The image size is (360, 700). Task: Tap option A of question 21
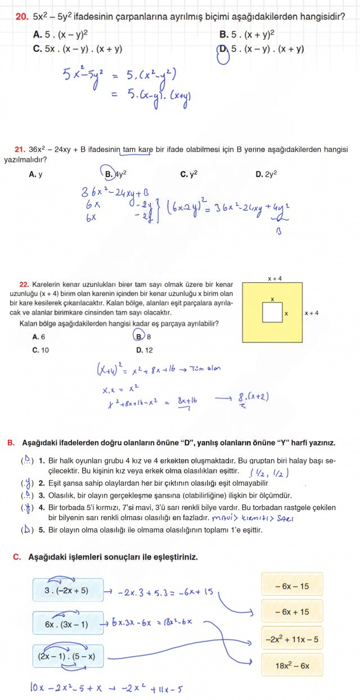click(35, 174)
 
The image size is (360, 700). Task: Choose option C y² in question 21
click(188, 174)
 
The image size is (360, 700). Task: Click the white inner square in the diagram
click(272, 313)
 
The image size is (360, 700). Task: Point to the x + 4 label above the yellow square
click(275, 278)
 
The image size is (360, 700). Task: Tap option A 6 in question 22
click(39, 337)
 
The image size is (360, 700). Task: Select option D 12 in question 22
click(145, 350)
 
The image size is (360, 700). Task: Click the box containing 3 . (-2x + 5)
click(67, 590)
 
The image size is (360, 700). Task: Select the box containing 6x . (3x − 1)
click(67, 624)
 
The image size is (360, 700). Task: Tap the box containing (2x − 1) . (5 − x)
click(67, 656)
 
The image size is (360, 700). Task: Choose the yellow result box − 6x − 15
click(292, 586)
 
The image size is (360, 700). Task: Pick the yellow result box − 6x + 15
click(292, 612)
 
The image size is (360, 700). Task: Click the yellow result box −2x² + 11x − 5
click(292, 639)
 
